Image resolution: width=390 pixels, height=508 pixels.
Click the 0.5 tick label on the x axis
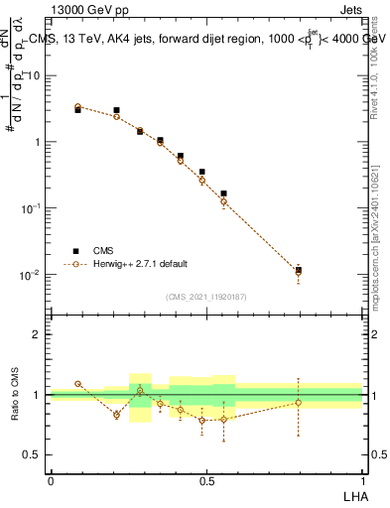(206, 480)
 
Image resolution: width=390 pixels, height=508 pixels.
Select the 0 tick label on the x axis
(51, 480)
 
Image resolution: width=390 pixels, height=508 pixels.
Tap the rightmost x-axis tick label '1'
(363, 480)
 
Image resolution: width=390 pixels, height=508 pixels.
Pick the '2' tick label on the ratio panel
(38, 334)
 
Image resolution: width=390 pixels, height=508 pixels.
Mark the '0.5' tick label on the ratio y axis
(33, 455)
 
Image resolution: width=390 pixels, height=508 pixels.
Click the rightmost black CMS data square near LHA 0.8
(299, 269)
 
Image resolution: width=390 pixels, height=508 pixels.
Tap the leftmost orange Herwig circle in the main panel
(77, 106)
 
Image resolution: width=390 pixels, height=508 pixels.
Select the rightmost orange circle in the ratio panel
(299, 402)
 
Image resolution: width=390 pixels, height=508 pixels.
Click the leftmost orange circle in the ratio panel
(77, 383)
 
